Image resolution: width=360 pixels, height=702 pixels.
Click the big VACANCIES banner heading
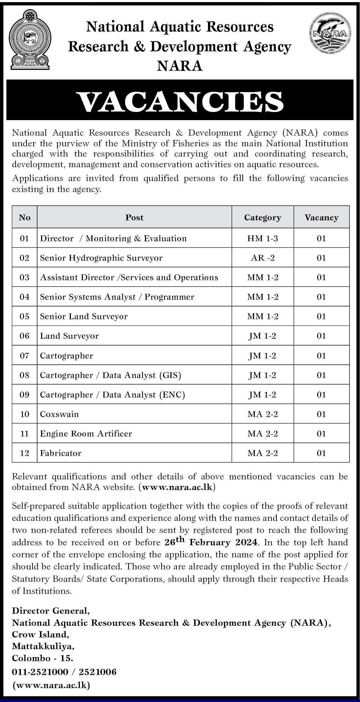[180, 102]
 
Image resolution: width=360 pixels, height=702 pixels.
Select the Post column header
[134, 217]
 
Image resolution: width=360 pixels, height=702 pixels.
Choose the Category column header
[263, 218]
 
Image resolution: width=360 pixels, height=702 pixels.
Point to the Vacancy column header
[321, 218]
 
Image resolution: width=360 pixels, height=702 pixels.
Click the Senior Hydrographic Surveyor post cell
[101, 258]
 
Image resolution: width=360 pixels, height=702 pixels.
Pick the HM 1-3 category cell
[263, 238]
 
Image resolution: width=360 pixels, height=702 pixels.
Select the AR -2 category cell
[263, 258]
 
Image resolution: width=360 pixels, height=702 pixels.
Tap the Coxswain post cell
[60, 414]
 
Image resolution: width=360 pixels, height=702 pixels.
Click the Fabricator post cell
[61, 453]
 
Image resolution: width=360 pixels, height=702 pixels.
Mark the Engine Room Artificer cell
[86, 433]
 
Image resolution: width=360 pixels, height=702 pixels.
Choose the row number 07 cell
[24, 355]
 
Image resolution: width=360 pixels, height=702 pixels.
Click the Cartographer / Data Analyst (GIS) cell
[111, 375]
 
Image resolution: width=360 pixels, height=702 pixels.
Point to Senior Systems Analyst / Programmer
[117, 297]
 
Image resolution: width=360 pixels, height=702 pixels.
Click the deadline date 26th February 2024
[212, 542]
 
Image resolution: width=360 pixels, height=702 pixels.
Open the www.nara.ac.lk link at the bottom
[51, 685]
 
